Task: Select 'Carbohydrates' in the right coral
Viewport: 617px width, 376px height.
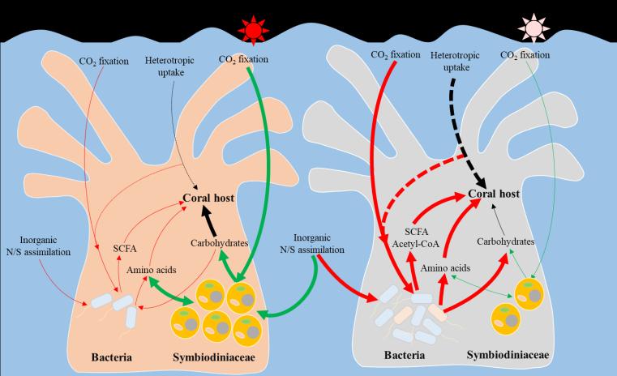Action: tap(506, 241)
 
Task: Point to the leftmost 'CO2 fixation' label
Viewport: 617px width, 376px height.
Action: tap(103, 61)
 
